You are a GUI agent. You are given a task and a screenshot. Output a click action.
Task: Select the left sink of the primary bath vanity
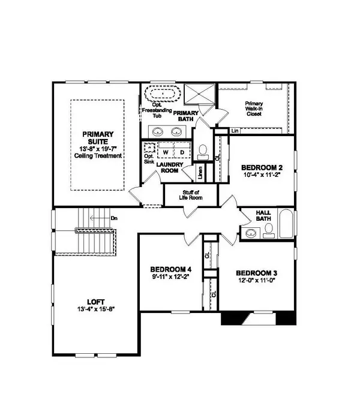[x=157, y=131]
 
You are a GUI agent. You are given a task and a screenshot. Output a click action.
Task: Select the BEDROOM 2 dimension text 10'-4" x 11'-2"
[x=261, y=176]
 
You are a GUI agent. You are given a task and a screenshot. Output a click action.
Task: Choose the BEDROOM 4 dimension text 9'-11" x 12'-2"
[x=170, y=278]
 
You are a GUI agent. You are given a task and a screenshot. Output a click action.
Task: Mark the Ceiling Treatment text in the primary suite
[x=98, y=155]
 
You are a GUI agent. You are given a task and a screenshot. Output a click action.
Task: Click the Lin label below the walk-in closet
[x=235, y=130]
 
